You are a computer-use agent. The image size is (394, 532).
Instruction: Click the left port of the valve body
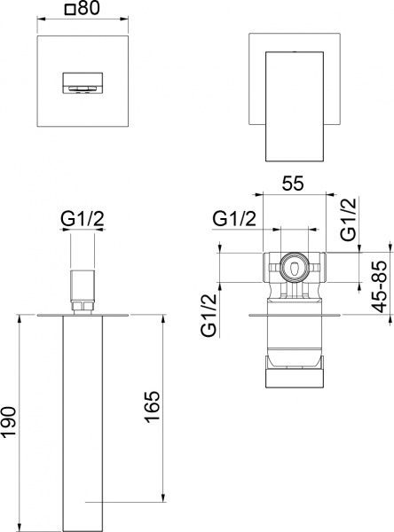(x=268, y=265)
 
